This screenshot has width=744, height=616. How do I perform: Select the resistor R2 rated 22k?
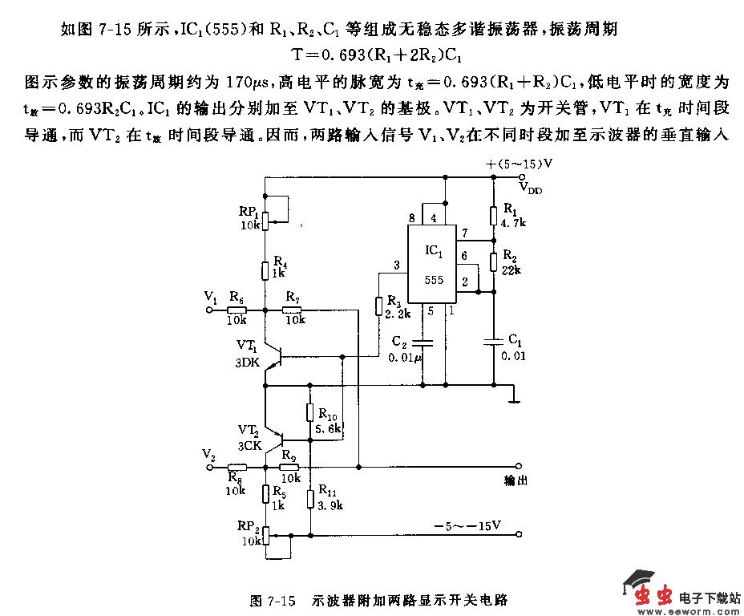492,261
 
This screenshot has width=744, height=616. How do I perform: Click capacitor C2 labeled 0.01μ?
423,342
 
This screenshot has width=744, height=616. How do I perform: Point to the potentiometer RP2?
265,533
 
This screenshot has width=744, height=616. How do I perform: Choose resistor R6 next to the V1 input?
236,309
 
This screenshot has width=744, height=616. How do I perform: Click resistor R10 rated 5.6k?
309,413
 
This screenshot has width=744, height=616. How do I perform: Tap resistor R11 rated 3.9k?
309,498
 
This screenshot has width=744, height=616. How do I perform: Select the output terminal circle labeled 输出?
520,466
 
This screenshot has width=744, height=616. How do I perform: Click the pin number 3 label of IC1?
397,265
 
